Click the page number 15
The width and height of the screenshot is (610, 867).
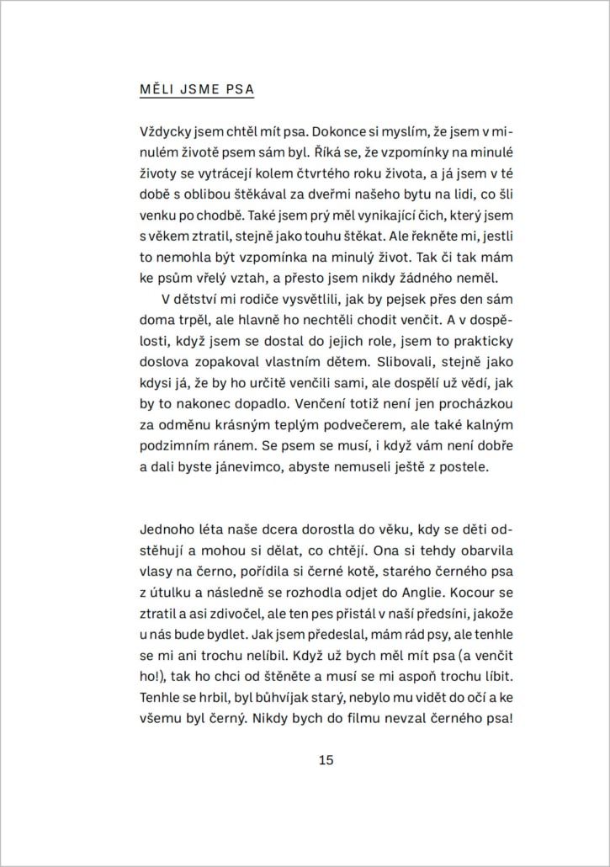[326, 760]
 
